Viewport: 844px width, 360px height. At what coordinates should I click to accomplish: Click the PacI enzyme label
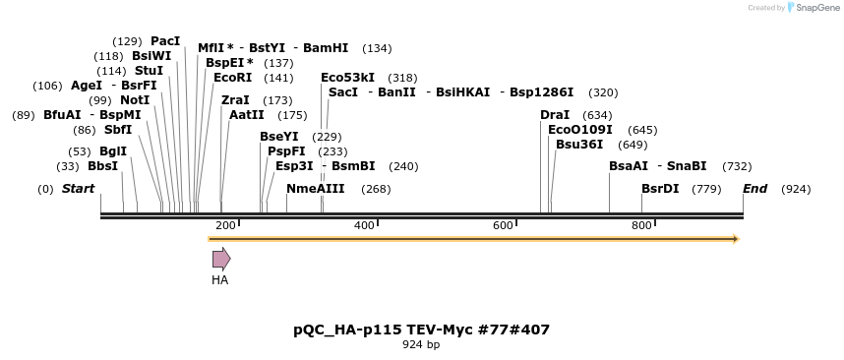165,41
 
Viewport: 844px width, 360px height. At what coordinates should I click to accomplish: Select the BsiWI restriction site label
151,56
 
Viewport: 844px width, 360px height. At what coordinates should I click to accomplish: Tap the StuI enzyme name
149,71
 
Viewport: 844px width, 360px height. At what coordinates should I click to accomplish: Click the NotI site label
135,100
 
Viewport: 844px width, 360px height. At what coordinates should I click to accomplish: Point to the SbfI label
117,130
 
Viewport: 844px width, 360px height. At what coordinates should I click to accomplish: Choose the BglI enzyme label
113,150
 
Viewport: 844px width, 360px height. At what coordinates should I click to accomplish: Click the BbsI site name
102,165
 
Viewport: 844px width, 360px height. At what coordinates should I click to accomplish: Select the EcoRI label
232,77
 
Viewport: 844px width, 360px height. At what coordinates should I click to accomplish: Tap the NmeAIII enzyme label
315,189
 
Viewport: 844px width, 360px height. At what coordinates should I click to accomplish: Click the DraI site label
555,115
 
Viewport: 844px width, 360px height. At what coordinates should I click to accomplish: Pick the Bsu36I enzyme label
579,145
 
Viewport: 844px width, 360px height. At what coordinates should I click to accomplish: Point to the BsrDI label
660,189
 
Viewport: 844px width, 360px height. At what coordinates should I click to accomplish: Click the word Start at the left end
79,189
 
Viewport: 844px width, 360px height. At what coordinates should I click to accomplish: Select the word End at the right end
754,189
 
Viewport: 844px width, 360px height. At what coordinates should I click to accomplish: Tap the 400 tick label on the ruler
365,225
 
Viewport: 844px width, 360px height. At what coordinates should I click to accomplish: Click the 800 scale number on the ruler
642,225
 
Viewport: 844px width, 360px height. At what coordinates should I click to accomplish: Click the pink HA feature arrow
221,259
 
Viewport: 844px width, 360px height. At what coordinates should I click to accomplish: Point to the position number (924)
795,189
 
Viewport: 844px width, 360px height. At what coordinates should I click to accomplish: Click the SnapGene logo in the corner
812,8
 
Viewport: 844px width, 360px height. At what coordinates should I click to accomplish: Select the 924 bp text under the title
421,345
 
